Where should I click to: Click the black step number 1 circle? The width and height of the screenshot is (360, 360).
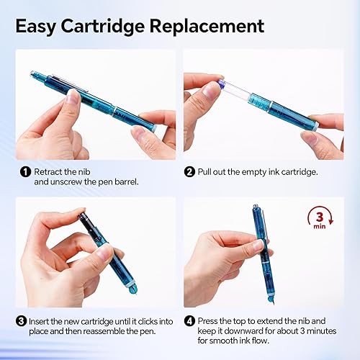(25, 171)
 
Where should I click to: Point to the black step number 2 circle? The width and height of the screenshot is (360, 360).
(189, 171)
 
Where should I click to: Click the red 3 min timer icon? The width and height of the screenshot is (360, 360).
(318, 217)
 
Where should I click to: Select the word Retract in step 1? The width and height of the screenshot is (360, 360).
(47, 172)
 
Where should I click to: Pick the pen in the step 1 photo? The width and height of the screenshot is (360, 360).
(94, 101)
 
